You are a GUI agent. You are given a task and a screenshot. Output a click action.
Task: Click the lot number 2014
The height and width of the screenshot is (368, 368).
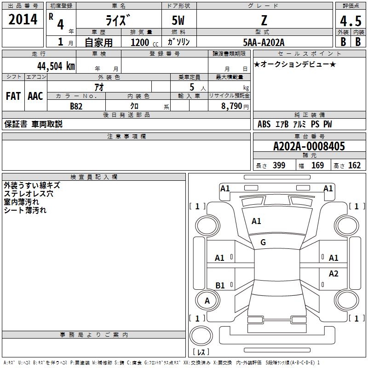pyautogui.click(x=23, y=19)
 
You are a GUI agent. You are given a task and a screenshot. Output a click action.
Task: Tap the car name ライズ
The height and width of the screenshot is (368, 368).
pyautogui.click(x=118, y=21)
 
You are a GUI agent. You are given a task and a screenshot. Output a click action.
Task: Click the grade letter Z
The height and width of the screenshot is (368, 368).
pyautogui.click(x=264, y=21)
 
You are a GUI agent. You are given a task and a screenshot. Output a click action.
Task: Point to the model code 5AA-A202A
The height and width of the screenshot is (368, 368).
pyautogui.click(x=264, y=42)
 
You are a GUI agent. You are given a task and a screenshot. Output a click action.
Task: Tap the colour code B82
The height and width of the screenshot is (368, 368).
pyautogui.click(x=76, y=106)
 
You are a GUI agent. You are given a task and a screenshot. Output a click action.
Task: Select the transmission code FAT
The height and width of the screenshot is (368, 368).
pyautogui.click(x=13, y=96)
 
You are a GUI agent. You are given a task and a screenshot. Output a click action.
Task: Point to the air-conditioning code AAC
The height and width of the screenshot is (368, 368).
pyautogui.click(x=35, y=96)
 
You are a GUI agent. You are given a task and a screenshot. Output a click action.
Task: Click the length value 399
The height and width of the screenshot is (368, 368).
pyautogui.click(x=279, y=166)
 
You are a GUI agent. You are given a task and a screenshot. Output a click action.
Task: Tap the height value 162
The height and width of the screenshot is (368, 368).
pyautogui.click(x=354, y=166)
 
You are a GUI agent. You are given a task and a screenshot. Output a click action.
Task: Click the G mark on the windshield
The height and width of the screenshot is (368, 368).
pyautogui.click(x=263, y=242)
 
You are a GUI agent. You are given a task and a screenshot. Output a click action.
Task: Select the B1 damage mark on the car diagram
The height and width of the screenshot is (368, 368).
pyautogui.click(x=220, y=285)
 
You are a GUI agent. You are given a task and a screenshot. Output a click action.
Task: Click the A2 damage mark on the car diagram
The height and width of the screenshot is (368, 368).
pyautogui.click(x=333, y=274)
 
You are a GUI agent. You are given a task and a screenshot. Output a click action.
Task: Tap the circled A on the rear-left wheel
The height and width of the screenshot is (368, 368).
pyautogui.click(x=207, y=301)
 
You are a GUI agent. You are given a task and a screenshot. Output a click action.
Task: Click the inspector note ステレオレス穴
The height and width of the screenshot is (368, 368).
pyautogui.click(x=29, y=194)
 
